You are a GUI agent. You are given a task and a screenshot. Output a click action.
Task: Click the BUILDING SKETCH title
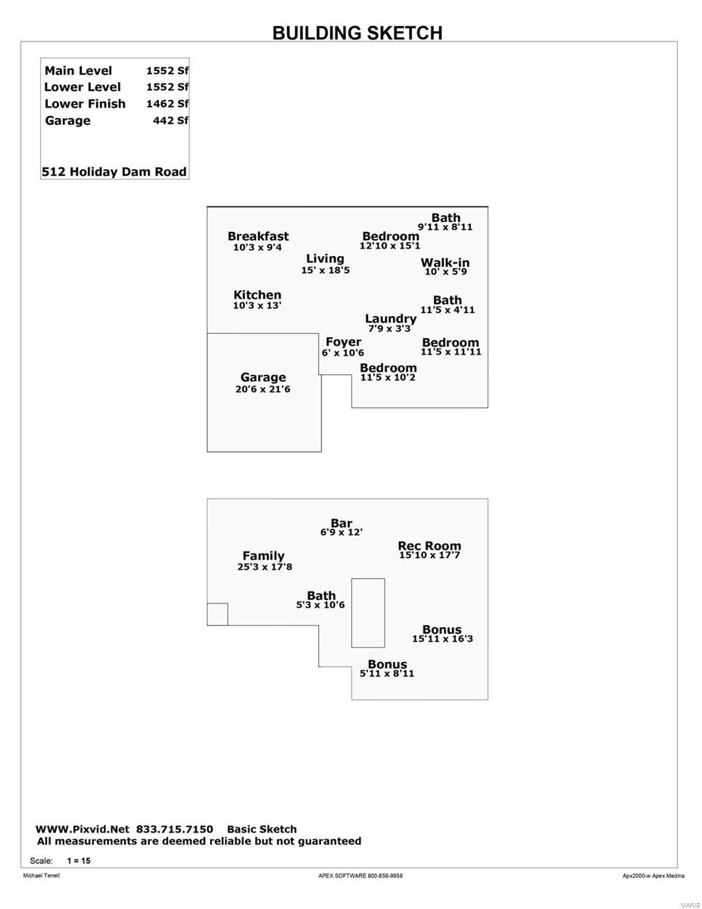pos(357,33)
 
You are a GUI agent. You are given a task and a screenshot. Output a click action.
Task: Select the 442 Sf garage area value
pos(170,120)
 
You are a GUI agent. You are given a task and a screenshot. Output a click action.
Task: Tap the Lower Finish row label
pos(85,104)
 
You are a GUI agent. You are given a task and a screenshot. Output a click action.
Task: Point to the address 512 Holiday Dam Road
pos(114,171)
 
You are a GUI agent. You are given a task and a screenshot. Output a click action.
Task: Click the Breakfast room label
pos(258,236)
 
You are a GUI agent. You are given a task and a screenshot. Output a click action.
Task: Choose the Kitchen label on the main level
pos(257,295)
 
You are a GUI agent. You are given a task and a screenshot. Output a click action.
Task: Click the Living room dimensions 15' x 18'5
pos(326,270)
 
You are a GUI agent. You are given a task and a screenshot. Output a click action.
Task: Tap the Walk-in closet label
pos(445,262)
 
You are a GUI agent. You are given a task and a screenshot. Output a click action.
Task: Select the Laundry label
pos(391,319)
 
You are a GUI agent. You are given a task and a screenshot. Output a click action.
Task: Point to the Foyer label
pos(343,342)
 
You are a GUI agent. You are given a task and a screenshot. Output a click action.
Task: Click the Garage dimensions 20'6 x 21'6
pos(263,389)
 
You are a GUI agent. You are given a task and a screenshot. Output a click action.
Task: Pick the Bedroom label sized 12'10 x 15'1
pos(391,236)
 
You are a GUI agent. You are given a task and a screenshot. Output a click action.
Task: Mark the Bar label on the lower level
pos(342,523)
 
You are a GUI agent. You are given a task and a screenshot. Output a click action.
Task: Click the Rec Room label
pos(429,545)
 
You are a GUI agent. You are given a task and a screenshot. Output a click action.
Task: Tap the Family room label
pos(264,555)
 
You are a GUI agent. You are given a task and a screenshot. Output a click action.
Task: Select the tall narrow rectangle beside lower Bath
pos(368,613)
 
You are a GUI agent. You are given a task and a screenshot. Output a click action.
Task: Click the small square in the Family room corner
pos(217,614)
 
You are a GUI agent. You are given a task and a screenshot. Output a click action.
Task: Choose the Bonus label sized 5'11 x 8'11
pos(387,664)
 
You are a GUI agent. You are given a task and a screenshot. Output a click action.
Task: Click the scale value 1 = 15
pos(79,861)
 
